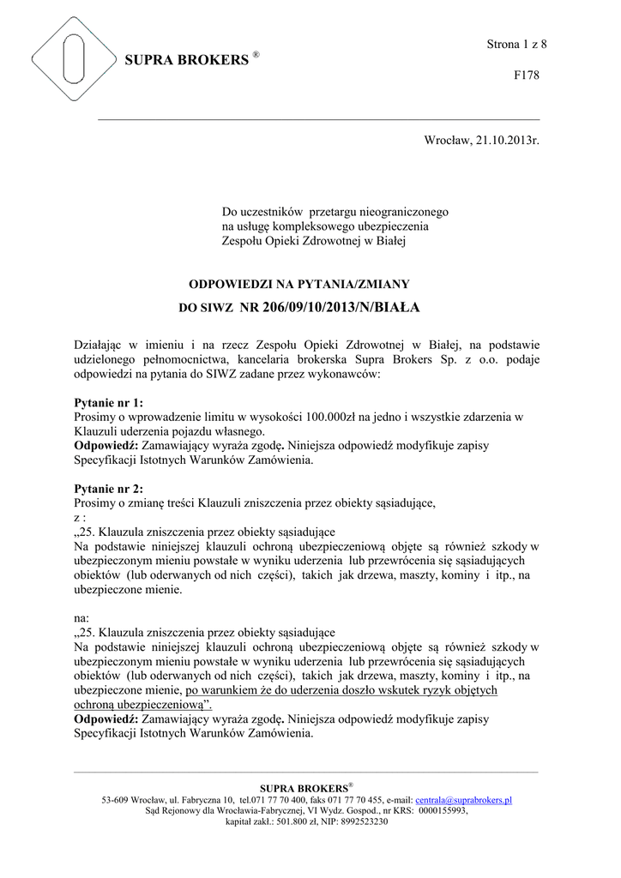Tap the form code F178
coord(526,75)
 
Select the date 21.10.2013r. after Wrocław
coord(506,141)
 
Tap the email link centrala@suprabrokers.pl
coord(463,799)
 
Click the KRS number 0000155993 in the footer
coord(443,810)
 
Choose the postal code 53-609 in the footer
coord(118,799)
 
